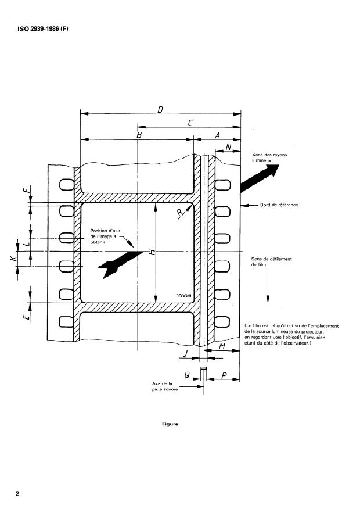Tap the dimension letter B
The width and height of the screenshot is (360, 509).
tap(138, 134)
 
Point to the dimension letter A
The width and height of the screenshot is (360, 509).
tap(217, 134)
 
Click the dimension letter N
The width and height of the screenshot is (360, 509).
tap(228, 148)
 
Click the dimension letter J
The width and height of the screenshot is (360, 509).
tap(185, 352)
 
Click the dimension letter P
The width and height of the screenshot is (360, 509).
tap(224, 376)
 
